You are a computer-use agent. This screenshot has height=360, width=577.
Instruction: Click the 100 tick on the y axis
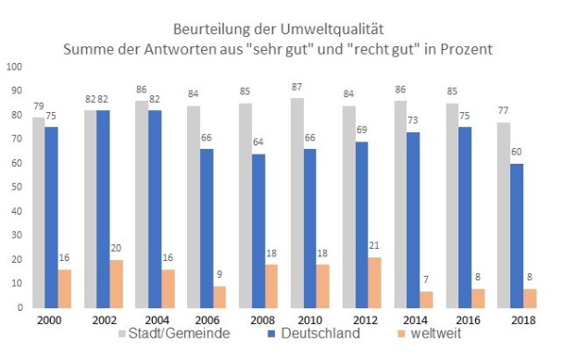click(12, 67)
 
